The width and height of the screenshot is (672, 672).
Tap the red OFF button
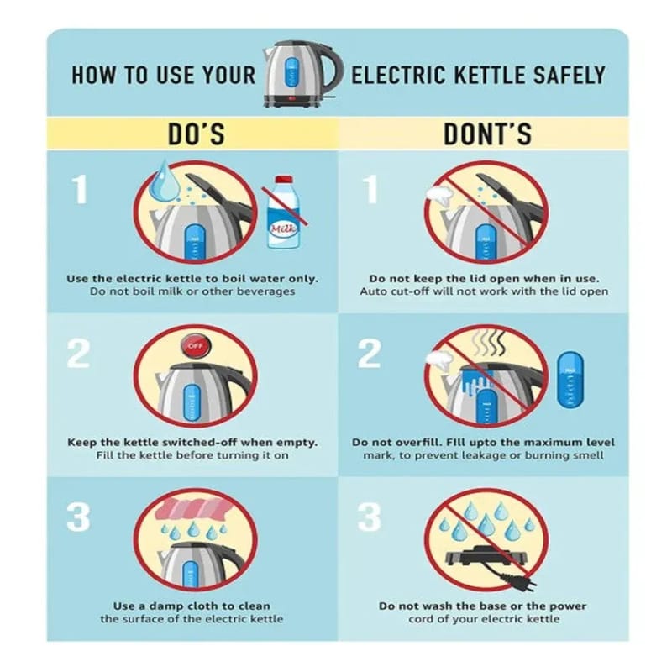195,347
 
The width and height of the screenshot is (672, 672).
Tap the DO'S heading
196,134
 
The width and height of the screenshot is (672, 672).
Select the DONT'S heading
487,134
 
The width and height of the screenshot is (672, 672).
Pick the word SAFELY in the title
569,75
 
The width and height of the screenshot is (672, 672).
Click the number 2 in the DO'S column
78,354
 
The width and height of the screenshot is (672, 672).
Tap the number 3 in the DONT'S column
369,517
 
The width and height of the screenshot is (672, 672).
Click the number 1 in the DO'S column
79,190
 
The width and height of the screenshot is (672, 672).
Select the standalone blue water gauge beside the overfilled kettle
570,381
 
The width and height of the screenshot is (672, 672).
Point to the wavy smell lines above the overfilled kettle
488,344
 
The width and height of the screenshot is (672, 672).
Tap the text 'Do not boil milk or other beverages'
192,291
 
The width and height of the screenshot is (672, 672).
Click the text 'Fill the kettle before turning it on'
192,455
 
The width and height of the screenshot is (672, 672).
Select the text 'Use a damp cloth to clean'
192,606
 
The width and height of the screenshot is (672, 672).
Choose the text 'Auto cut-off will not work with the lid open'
484,291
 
